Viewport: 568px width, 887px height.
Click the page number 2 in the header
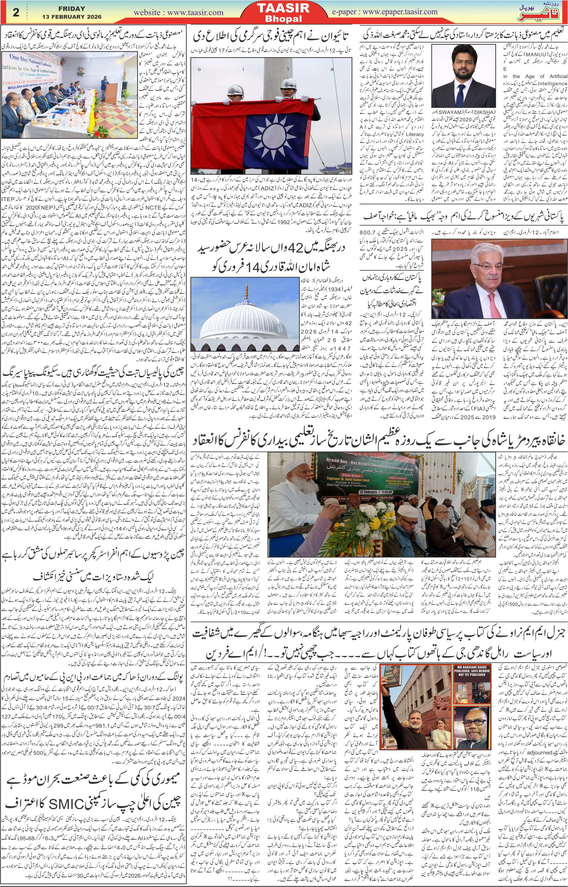[x=16, y=12]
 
